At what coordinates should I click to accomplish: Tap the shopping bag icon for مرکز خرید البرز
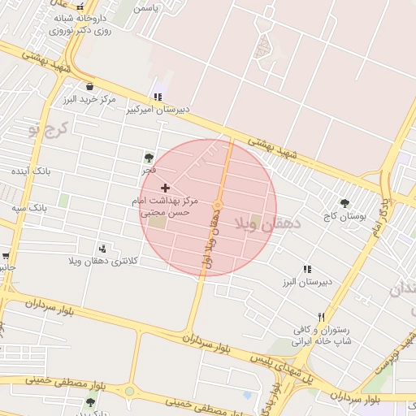click(x=89, y=86)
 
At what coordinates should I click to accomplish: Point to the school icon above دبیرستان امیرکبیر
click(x=158, y=96)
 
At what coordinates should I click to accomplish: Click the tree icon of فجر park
click(x=148, y=158)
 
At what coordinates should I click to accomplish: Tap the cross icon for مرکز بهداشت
click(x=166, y=188)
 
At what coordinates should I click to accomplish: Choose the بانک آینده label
click(x=31, y=171)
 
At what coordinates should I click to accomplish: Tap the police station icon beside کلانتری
click(x=102, y=249)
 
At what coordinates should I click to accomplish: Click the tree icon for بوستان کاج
click(x=344, y=203)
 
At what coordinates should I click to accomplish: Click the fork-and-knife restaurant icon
click(x=322, y=317)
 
